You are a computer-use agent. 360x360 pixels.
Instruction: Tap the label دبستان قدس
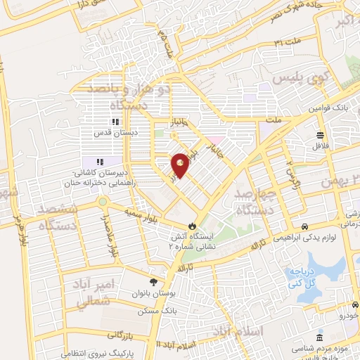tap(114, 131)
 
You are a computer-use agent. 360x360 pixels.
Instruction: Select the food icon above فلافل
tap(321, 135)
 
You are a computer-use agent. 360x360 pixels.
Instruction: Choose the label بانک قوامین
tap(330, 108)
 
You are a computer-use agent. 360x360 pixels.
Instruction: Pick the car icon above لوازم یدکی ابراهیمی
tap(304, 226)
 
